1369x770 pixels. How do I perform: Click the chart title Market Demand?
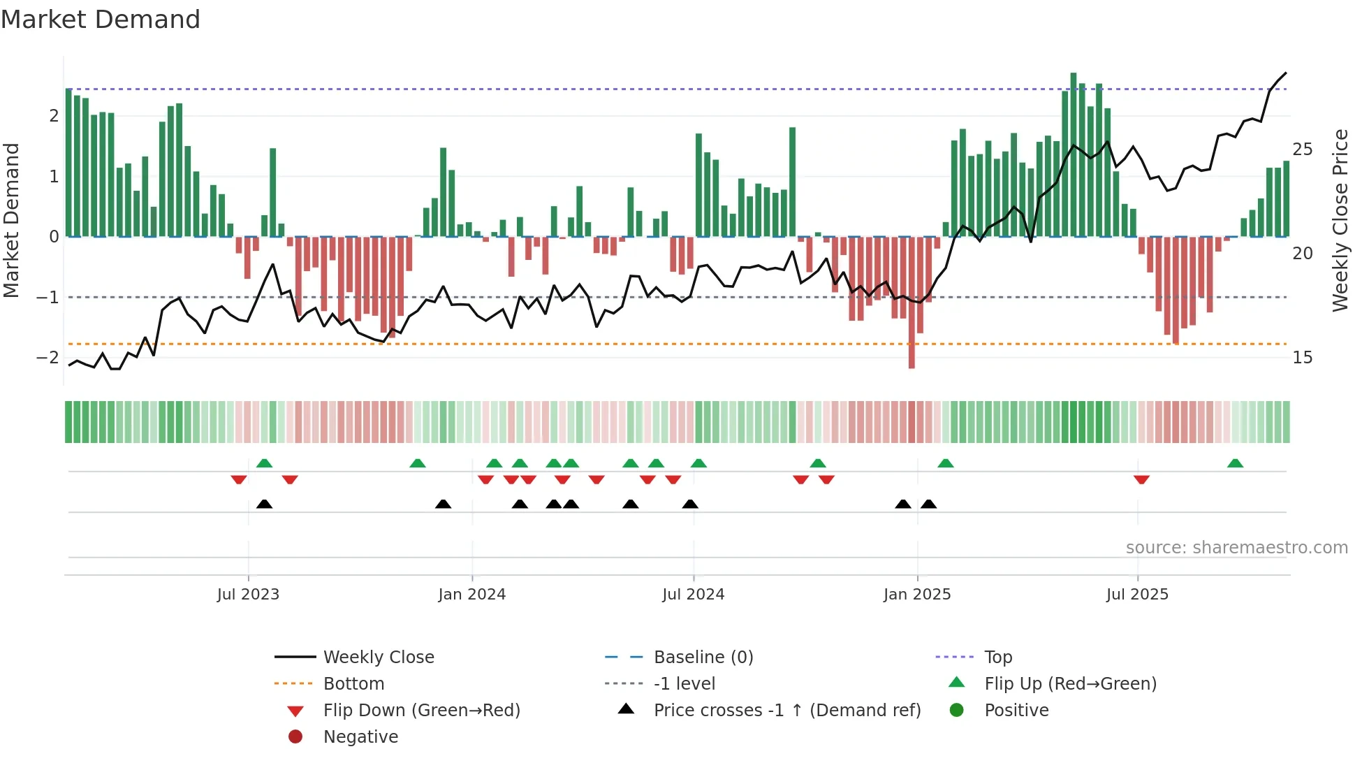click(x=101, y=20)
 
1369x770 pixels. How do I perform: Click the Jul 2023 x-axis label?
click(x=248, y=595)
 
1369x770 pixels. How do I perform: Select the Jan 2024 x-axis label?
click(x=471, y=595)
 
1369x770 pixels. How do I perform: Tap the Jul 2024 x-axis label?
click(x=693, y=595)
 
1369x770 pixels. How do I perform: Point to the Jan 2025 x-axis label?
click(x=916, y=595)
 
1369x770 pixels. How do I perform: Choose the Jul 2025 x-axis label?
click(x=1137, y=595)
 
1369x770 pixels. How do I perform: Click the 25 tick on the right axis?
click(x=1302, y=150)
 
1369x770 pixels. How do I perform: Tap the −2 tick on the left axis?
click(x=47, y=358)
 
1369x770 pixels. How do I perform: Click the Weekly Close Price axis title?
click(x=1340, y=220)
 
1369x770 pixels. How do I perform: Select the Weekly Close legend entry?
click(x=378, y=658)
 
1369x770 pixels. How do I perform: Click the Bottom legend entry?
click(x=353, y=684)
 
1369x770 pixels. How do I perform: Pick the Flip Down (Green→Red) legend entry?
click(x=421, y=711)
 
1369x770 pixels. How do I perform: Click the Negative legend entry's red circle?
click(x=295, y=737)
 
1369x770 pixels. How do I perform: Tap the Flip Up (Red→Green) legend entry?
click(x=1070, y=684)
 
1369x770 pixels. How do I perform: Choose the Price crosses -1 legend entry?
click(x=786, y=711)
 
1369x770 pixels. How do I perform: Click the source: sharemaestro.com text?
click(x=1236, y=548)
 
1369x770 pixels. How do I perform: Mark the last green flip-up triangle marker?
click(x=1235, y=463)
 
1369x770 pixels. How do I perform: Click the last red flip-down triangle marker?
click(x=1141, y=479)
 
